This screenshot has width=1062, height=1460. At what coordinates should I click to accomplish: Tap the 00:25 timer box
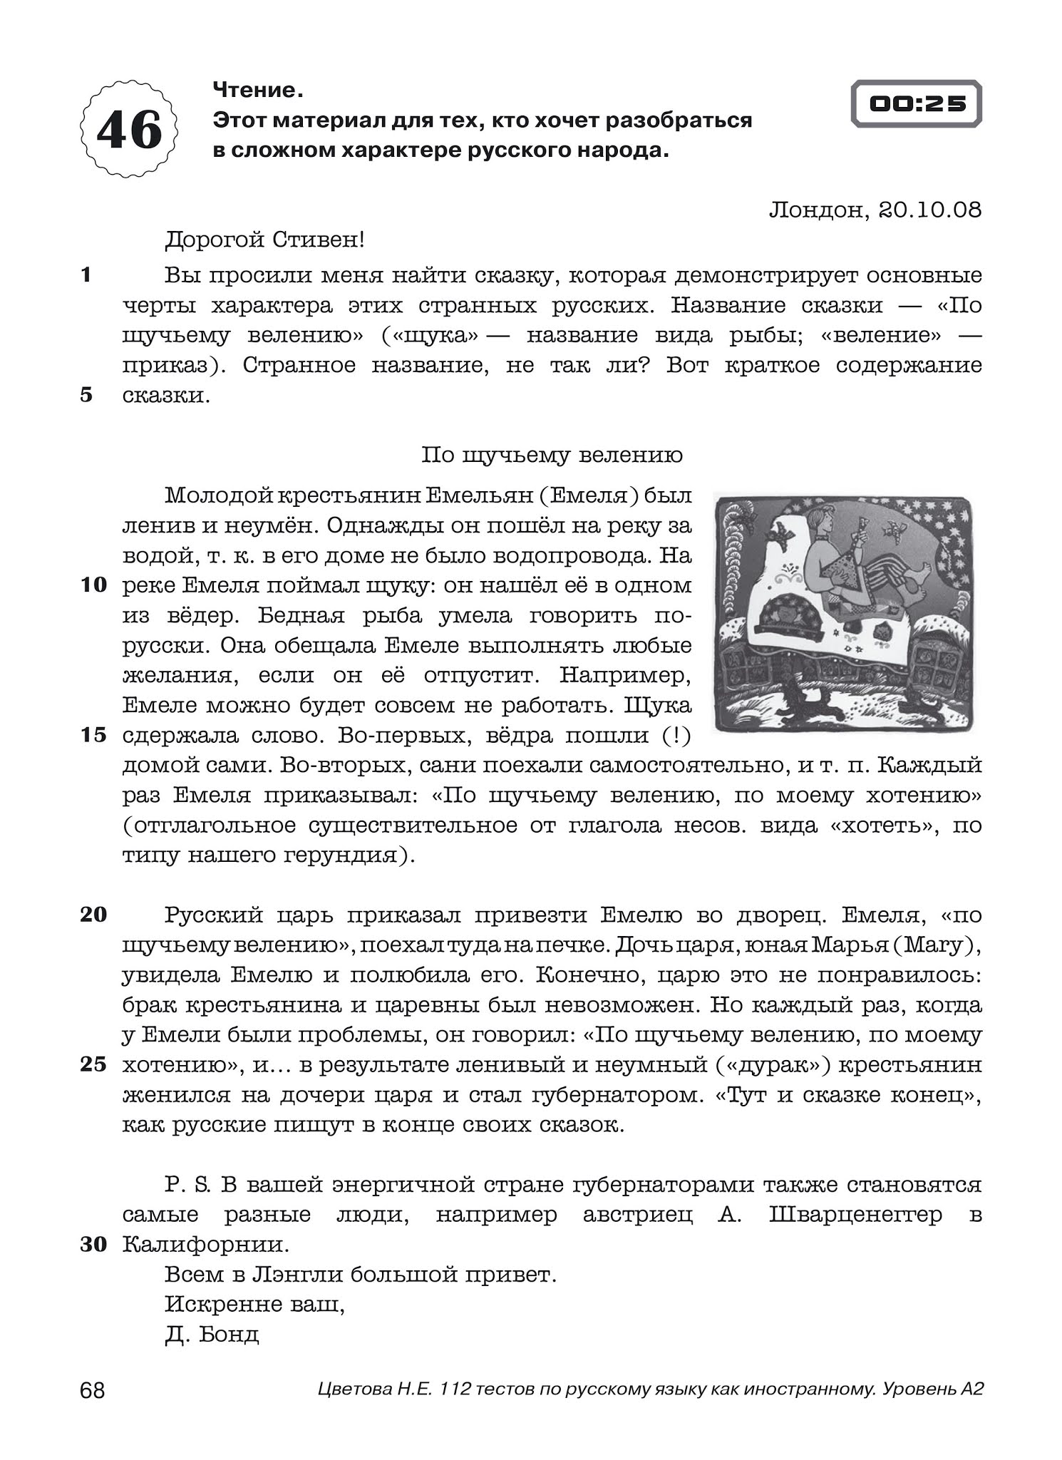click(x=917, y=104)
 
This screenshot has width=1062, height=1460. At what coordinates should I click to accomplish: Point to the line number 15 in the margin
click(x=93, y=735)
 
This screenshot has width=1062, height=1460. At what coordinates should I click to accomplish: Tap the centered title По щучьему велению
click(x=552, y=455)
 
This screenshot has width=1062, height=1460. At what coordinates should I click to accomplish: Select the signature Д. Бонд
click(x=212, y=1335)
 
